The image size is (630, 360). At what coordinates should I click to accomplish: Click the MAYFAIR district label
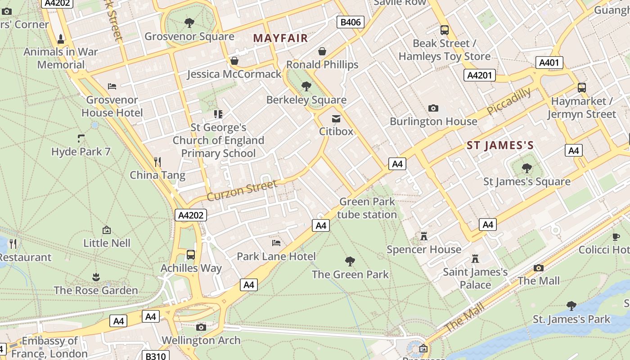pos(280,38)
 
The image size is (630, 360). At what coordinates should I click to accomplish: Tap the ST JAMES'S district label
pos(500,145)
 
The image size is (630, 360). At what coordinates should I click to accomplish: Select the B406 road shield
pos(351,22)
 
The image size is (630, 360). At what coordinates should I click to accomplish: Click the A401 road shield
pos(549,62)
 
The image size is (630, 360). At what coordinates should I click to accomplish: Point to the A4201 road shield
pos(480,75)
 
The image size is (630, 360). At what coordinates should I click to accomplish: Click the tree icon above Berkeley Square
pos(306,86)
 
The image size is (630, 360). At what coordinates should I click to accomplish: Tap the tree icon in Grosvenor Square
pos(189,22)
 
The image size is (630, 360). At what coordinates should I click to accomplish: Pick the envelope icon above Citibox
pos(336,119)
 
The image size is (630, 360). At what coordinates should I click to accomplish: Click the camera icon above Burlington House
pos(433,108)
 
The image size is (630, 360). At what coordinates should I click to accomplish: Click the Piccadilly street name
pos(508,102)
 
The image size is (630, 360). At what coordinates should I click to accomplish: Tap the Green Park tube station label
pos(367,208)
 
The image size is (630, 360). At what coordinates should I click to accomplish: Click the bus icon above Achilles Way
pos(191,255)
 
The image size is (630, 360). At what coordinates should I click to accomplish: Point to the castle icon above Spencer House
pos(423,236)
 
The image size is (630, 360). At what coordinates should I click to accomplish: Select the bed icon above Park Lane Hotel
pos(276,243)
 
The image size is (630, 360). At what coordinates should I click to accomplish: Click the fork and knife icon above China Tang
pos(157,161)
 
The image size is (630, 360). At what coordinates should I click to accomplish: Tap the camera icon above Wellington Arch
pos(201,327)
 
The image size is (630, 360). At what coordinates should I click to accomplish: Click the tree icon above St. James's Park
pos(571,306)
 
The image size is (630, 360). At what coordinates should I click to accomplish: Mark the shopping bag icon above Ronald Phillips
pos(322,51)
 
